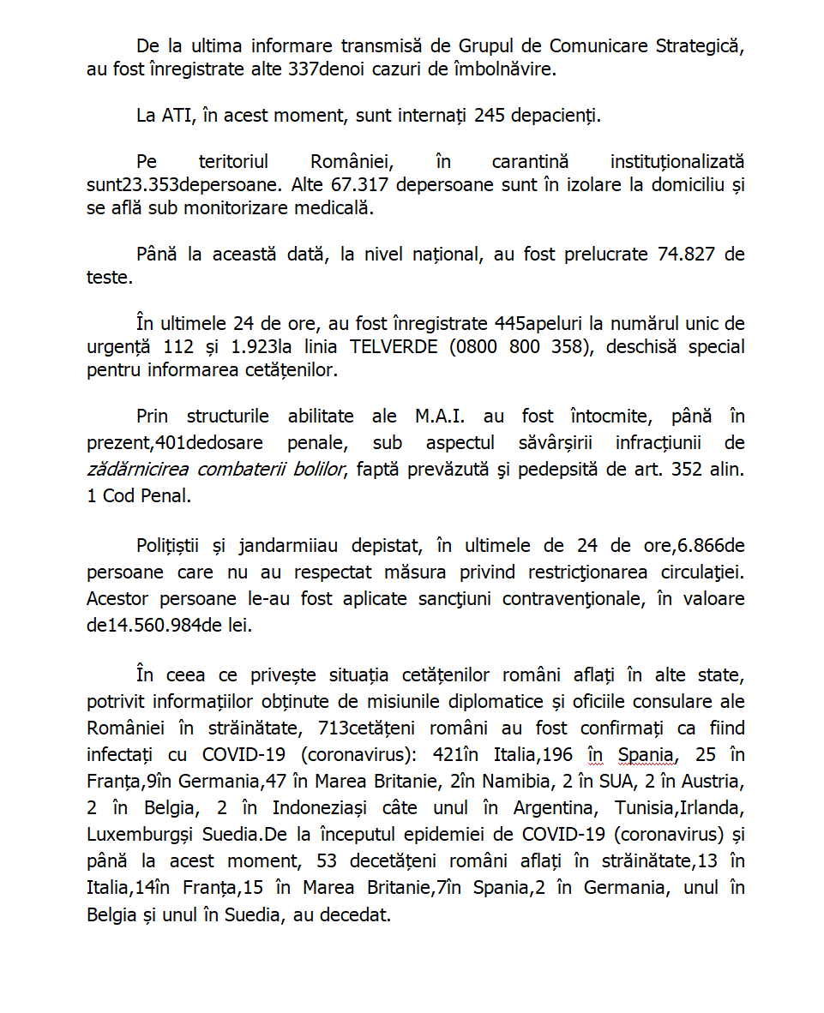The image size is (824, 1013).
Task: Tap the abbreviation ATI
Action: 177,116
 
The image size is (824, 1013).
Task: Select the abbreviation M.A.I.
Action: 438,417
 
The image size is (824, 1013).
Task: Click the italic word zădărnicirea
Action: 137,470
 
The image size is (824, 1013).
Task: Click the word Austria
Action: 711,782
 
